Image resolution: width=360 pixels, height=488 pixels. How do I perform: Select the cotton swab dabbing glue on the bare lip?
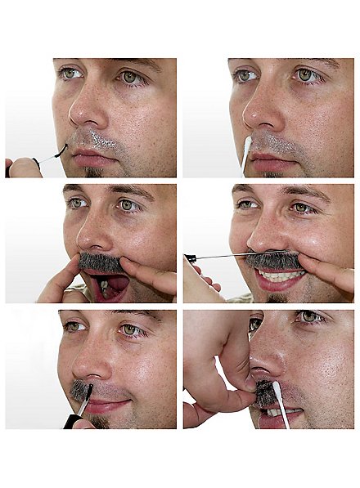(x=247, y=152)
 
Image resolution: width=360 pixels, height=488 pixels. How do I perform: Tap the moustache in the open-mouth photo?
(x=100, y=262)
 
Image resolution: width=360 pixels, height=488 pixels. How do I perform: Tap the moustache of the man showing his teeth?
(x=274, y=260)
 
